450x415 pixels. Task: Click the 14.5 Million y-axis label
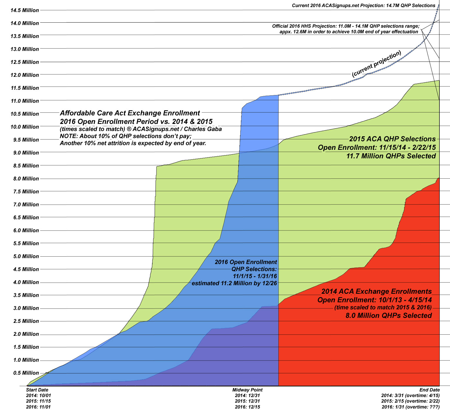25,10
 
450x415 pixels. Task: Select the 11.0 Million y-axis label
25,101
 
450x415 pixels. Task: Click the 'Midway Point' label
247,390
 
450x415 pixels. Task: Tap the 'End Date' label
429,390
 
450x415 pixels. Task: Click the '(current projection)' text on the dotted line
376,64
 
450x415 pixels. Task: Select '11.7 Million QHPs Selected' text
391,156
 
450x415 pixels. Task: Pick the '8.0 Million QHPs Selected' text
389,316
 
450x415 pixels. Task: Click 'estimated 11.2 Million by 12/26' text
234,283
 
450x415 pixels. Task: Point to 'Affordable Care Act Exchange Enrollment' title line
130,113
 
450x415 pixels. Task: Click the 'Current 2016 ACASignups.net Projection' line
363,6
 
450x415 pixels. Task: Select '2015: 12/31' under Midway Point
247,401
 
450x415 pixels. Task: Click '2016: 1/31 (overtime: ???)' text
411,407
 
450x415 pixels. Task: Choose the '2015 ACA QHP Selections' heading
392,139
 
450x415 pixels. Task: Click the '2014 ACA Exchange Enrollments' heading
376,291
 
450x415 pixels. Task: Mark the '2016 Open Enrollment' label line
246,262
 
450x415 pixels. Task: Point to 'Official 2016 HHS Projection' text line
346,26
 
